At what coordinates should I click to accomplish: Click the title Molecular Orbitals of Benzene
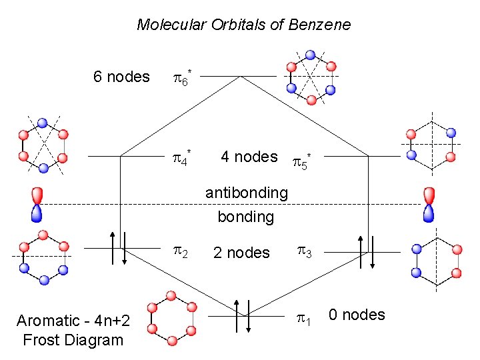(x=243, y=25)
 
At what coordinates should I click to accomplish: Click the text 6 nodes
(x=121, y=77)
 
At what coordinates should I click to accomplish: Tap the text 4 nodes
(x=249, y=157)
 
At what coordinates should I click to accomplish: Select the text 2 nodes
(x=241, y=253)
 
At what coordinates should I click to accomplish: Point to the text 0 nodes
(x=357, y=315)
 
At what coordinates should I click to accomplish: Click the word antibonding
(x=246, y=193)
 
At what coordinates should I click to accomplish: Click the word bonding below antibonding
(x=246, y=217)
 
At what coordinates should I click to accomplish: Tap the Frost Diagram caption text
(x=73, y=331)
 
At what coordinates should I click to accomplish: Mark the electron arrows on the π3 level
(x=367, y=251)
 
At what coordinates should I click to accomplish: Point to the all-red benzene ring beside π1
(x=171, y=318)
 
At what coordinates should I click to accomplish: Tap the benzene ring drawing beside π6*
(x=310, y=77)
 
